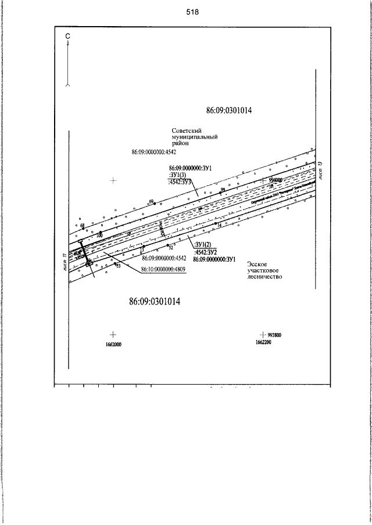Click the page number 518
(x=193, y=12)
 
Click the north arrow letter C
(x=68, y=37)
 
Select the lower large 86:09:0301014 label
(x=154, y=302)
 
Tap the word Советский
(x=187, y=131)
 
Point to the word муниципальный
(x=194, y=137)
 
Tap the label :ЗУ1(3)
(x=177, y=175)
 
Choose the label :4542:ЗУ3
(x=180, y=182)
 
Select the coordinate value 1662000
(x=112, y=344)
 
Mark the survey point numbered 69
(x=152, y=201)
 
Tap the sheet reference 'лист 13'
(x=320, y=168)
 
